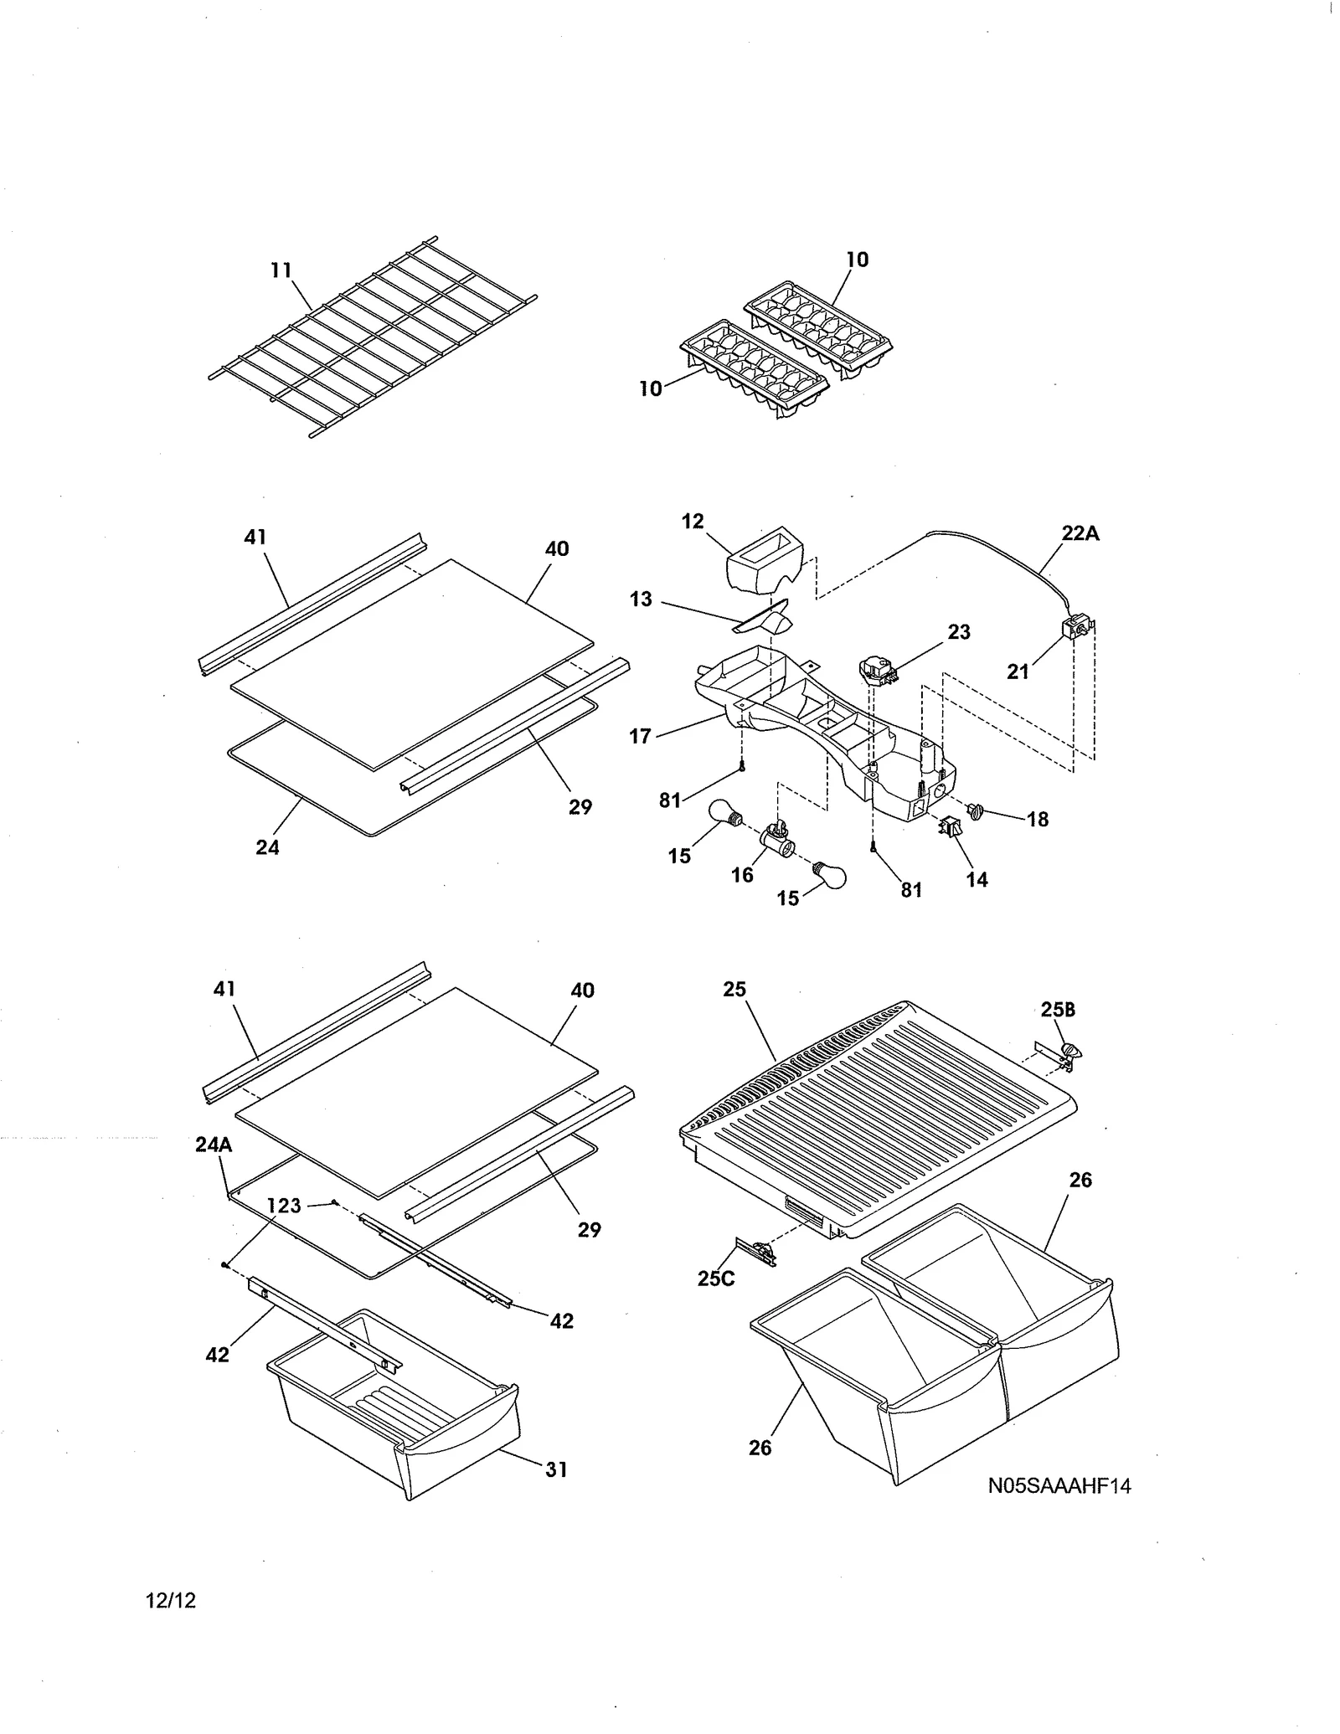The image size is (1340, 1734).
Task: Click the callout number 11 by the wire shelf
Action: [281, 270]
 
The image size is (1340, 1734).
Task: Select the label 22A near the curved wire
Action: [1080, 533]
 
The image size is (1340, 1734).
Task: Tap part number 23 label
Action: [959, 632]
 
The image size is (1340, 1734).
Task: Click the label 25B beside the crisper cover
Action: [1058, 1009]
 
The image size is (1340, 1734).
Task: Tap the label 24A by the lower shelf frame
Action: [214, 1144]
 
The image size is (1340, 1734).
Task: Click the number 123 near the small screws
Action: [284, 1205]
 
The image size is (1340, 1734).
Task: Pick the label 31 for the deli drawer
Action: [557, 1469]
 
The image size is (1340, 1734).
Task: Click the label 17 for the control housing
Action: [640, 737]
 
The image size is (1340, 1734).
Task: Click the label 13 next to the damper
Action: [641, 599]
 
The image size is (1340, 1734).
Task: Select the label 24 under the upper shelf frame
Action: [267, 847]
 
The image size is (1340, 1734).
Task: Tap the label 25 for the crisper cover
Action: [734, 989]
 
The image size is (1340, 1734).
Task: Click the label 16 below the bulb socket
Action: [742, 875]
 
